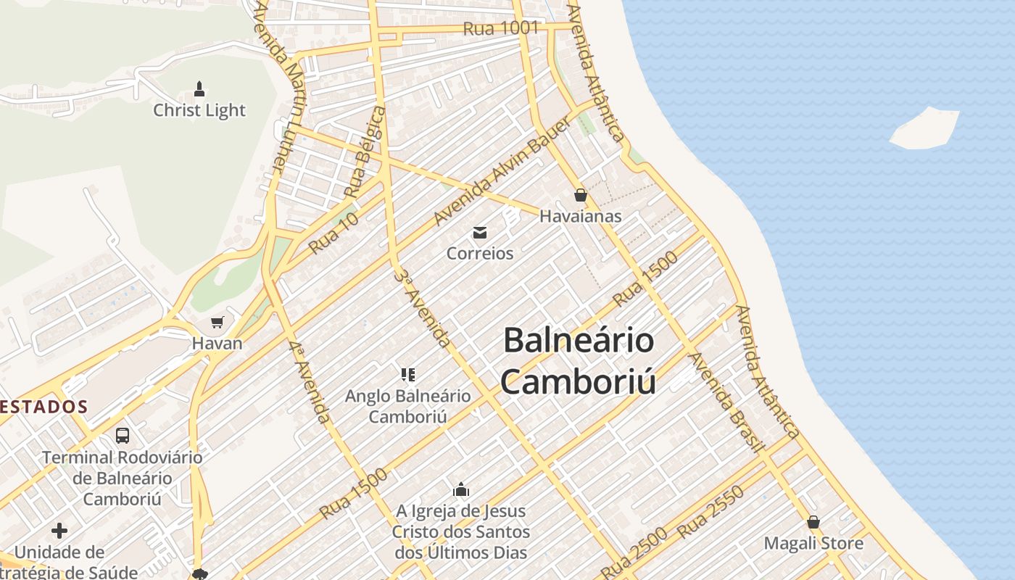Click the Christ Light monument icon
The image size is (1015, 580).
pyautogui.click(x=199, y=89)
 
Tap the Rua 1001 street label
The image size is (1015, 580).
pyautogui.click(x=501, y=29)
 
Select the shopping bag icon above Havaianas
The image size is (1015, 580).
pyautogui.click(x=580, y=194)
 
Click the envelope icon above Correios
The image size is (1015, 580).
pyautogui.click(x=479, y=233)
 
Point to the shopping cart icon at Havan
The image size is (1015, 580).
pyautogui.click(x=217, y=322)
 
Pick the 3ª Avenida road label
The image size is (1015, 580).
pyautogui.click(x=423, y=308)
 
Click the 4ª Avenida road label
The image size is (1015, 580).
pyautogui.click(x=310, y=381)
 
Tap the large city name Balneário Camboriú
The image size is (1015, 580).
pyautogui.click(x=579, y=361)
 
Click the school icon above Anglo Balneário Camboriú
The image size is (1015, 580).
pyautogui.click(x=407, y=375)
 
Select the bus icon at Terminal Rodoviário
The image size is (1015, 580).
pyautogui.click(x=123, y=436)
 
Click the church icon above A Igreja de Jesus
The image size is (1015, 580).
pyautogui.click(x=461, y=490)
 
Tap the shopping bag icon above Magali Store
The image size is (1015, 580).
pyautogui.click(x=813, y=522)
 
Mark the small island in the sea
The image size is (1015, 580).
pyautogui.click(x=924, y=128)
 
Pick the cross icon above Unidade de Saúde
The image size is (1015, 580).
pyautogui.click(x=59, y=531)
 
